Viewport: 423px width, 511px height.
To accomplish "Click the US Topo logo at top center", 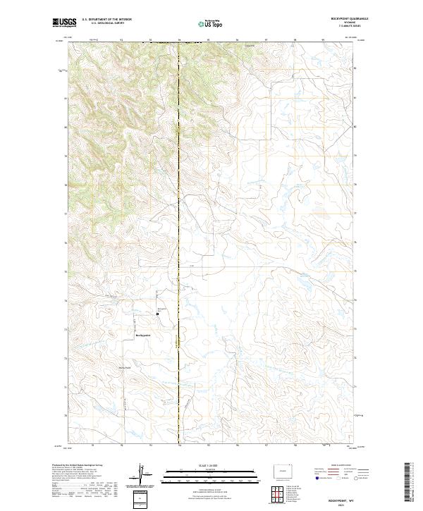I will click(x=211, y=24).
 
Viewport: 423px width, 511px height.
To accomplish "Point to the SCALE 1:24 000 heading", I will click(x=211, y=466).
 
